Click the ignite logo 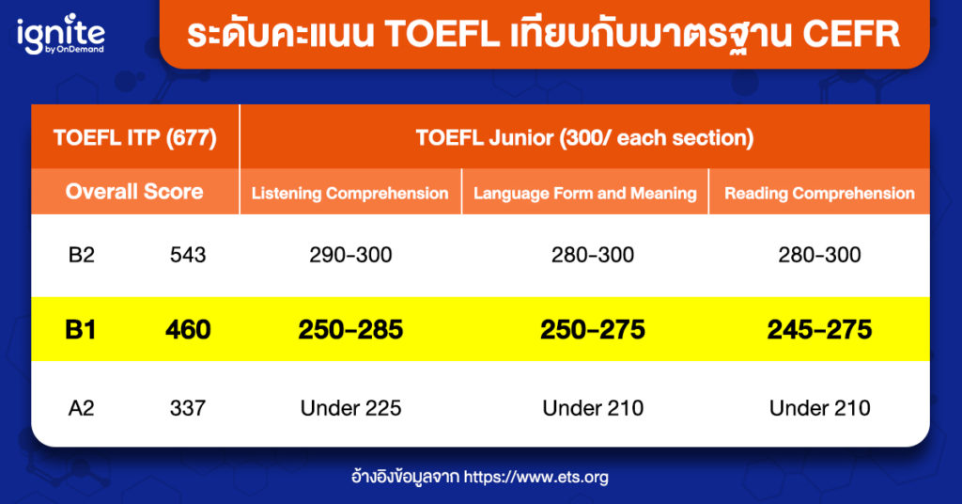pos(61,35)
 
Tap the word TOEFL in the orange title pos(442,34)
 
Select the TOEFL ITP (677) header pos(135,137)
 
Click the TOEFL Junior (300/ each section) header pos(584,137)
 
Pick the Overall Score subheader pos(134,192)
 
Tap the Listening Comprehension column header pos(349,194)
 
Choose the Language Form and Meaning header pos(584,194)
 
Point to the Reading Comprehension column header pos(819,194)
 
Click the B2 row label pos(82,255)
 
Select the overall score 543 pos(188,255)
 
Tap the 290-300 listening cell pos(350,255)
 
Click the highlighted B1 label pos(81,330)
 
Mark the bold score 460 pos(188,330)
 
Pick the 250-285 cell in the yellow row pos(350,330)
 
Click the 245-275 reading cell pos(819,330)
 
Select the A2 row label pos(82,408)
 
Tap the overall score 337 pos(188,408)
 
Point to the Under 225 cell pos(350,408)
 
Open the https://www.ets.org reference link pos(535,477)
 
